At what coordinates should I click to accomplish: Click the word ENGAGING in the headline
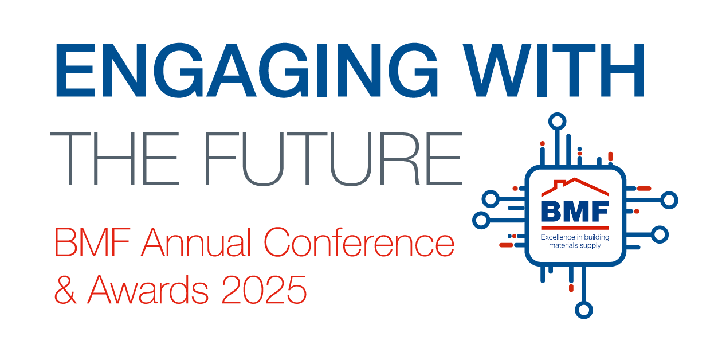click(x=247, y=70)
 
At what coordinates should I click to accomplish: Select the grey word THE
click(x=115, y=159)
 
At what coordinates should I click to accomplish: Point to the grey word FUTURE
click(x=334, y=159)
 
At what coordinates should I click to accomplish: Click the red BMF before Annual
click(x=93, y=242)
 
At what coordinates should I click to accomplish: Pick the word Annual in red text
click(x=196, y=242)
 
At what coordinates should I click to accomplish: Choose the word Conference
click(x=359, y=242)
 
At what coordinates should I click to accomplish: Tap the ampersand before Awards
click(x=66, y=289)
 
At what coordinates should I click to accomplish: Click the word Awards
click(x=148, y=289)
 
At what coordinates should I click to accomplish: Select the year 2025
click(x=264, y=289)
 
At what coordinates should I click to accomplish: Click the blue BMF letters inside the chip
click(x=575, y=212)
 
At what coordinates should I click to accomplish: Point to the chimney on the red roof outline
click(x=560, y=183)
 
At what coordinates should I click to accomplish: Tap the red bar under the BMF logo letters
click(x=575, y=228)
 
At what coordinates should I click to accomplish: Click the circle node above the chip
click(x=557, y=122)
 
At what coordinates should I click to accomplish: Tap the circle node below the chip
click(x=584, y=310)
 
